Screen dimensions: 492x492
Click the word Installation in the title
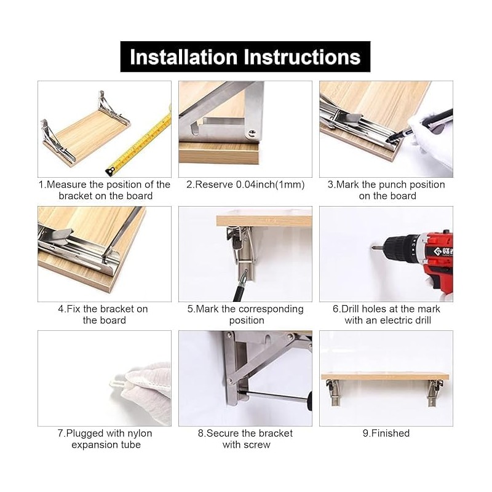coord(183,57)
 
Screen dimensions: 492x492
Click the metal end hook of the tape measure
coord(110,171)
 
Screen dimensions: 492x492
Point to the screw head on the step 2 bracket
coord(252,134)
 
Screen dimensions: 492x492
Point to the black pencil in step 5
coord(240,287)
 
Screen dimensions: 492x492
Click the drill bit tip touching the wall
coord(374,248)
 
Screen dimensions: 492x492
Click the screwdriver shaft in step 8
coord(272,396)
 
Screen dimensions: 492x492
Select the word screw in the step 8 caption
coord(256,445)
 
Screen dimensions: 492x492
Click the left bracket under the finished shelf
coord(333,392)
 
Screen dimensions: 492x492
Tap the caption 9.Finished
coord(386,433)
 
